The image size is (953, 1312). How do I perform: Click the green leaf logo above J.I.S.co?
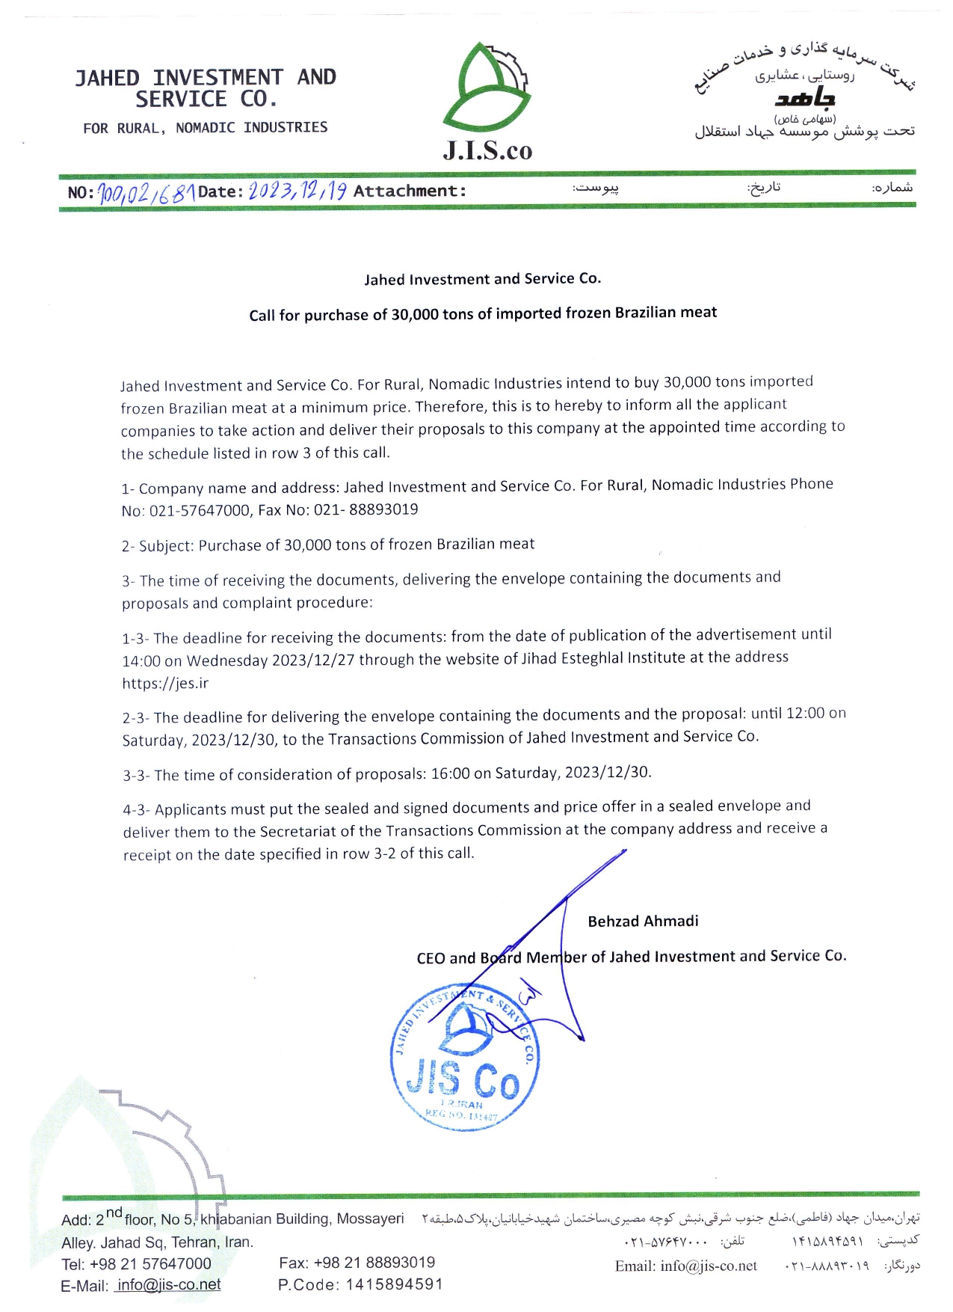tap(486, 88)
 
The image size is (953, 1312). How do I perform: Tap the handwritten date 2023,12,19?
tap(297, 191)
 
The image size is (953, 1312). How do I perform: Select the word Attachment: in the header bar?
tap(410, 191)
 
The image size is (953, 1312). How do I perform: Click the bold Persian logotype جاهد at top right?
tap(805, 98)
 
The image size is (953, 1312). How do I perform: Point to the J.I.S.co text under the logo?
tap(487, 150)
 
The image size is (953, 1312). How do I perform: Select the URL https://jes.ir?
tap(165, 683)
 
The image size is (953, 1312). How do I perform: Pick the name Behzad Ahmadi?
tap(643, 922)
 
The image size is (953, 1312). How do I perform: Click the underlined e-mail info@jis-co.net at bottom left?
tap(169, 1285)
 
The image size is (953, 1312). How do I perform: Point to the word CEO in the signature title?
tap(431, 958)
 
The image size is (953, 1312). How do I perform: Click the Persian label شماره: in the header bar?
tap(892, 187)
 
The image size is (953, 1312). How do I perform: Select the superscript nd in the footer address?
tap(114, 1213)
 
